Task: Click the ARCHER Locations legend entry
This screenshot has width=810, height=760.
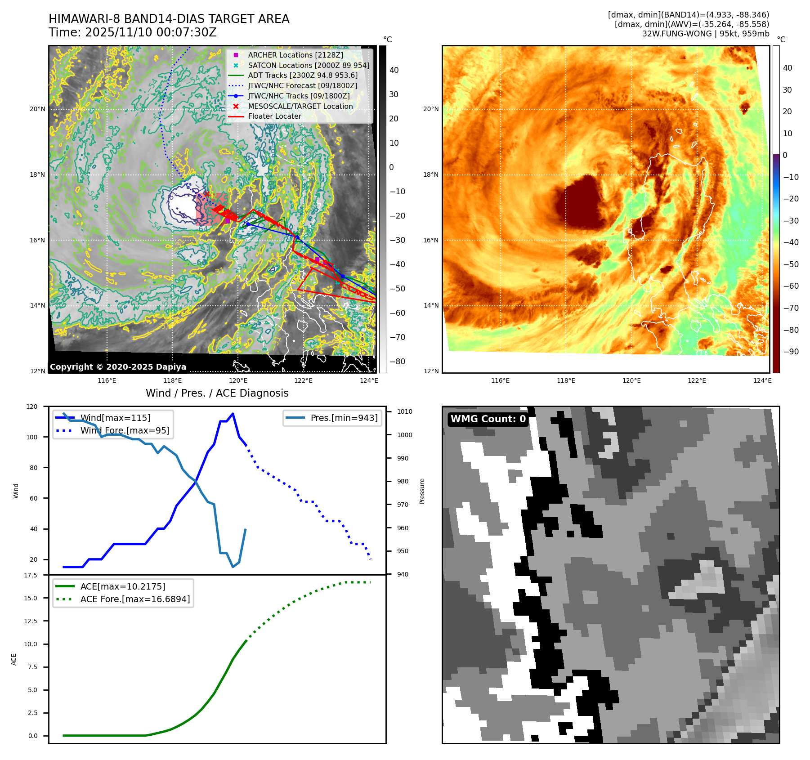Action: point(295,55)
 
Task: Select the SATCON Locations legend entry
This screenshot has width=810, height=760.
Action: point(308,65)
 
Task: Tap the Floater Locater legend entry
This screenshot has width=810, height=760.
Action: point(274,116)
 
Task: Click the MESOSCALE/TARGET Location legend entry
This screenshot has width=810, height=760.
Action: point(300,106)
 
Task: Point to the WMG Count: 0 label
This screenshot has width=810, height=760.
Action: point(488,419)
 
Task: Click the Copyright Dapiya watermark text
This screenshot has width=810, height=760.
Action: point(118,367)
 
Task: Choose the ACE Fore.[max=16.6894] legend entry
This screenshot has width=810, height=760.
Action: point(135,599)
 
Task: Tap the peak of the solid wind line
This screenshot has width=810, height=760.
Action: point(233,414)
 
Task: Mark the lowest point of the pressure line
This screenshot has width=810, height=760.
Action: point(233,567)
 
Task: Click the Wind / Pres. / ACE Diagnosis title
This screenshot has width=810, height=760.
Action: point(217,393)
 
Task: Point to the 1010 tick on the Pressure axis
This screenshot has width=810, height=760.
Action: point(404,411)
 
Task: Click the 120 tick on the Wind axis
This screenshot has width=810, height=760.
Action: point(32,407)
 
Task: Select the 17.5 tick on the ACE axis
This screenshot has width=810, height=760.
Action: point(31,575)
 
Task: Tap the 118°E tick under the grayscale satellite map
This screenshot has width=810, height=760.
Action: point(172,380)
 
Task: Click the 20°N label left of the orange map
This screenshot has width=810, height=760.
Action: point(430,109)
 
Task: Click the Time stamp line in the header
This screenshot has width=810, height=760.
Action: point(133,32)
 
